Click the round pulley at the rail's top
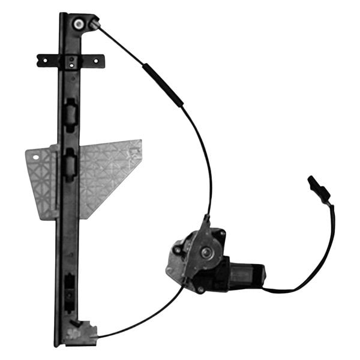coord(79,24)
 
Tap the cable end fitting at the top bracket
coord(94,24)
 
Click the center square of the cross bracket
coord(71,61)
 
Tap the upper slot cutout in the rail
coord(70,112)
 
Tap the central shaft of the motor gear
coord(206,252)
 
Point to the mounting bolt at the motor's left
coord(178,248)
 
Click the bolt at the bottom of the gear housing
coord(200,288)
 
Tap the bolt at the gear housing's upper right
coord(221,233)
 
